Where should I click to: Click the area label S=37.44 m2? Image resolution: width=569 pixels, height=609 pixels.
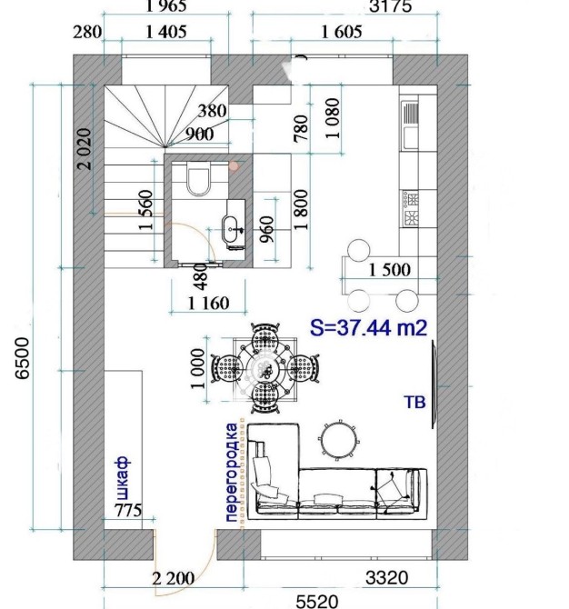click(x=369, y=327)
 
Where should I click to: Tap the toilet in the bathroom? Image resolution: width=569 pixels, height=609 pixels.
click(x=198, y=178)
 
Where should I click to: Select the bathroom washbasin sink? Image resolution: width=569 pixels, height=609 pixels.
click(x=232, y=229)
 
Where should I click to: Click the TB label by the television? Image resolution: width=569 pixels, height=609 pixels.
click(x=414, y=403)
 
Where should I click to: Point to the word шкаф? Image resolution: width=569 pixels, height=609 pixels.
click(x=123, y=478)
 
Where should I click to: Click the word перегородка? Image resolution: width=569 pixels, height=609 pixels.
click(x=231, y=473)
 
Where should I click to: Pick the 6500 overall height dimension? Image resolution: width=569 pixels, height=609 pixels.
click(x=22, y=358)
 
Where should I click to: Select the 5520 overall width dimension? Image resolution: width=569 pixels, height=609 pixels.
click(x=317, y=601)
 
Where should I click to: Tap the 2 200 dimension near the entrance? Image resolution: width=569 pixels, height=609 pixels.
click(x=174, y=579)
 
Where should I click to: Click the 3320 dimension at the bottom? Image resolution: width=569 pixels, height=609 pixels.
click(x=387, y=578)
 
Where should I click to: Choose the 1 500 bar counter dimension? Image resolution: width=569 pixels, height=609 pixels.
click(x=389, y=270)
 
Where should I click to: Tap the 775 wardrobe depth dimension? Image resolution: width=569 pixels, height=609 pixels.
click(x=128, y=510)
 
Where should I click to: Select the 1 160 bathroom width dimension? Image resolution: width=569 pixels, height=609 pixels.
click(x=208, y=303)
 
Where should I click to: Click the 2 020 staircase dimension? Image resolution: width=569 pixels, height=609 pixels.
click(x=85, y=149)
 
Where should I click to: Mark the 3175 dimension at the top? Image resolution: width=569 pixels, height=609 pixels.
click(x=390, y=6)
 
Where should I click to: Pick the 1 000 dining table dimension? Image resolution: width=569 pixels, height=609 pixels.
click(x=197, y=369)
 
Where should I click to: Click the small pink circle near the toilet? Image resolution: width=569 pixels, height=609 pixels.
click(x=234, y=166)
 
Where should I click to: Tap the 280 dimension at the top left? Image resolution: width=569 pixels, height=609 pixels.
click(x=87, y=32)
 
